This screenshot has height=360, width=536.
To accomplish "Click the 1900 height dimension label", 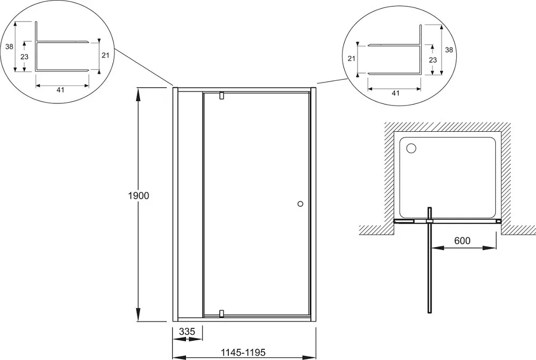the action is (139, 196).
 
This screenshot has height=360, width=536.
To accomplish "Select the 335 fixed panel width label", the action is (187, 331).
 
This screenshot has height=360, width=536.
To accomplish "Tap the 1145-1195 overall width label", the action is (243, 352).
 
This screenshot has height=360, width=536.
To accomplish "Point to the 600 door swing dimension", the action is (462, 241).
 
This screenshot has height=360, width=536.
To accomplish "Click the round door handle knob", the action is (301, 204).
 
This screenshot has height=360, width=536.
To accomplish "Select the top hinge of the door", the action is (221, 96).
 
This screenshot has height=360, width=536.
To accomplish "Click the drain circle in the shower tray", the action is (411, 148).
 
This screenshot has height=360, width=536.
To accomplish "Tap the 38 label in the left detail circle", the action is (9, 47).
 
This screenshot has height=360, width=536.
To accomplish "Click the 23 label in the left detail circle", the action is (24, 57).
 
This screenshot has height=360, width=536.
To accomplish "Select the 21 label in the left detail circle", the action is (105, 55).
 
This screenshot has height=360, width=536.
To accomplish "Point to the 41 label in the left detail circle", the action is (60, 90).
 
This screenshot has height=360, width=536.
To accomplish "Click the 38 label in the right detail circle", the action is (449, 50).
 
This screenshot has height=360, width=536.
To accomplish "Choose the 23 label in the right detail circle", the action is (433, 60).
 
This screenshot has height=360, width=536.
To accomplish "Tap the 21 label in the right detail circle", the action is (352, 59).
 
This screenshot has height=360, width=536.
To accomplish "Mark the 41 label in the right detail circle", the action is (396, 93).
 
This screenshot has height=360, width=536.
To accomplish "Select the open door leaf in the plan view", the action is (430, 260).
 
